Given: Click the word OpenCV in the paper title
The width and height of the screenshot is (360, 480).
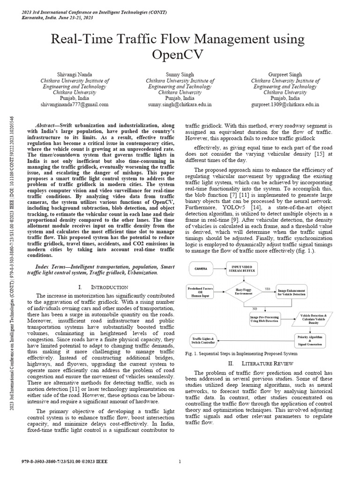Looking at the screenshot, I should click(180, 54).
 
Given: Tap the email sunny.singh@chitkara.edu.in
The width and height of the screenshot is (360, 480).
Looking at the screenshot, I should click(179, 105).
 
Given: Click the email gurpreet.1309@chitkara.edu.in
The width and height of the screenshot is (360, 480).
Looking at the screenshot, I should click(285, 105).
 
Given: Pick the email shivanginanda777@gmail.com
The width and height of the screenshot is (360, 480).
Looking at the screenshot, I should click(75, 105).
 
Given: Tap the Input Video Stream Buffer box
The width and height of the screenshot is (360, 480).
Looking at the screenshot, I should click(242, 269).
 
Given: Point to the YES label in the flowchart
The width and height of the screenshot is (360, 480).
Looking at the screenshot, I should click(267, 289).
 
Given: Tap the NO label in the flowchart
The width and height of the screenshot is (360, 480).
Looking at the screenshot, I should click(255, 309).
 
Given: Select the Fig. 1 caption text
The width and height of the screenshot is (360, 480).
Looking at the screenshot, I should click(241, 354).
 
